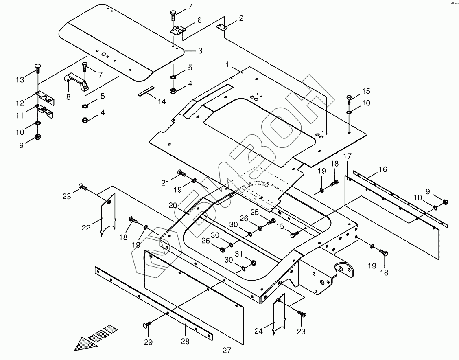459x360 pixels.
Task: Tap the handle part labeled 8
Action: [x=77, y=82]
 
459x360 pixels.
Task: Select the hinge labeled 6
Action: [x=178, y=31]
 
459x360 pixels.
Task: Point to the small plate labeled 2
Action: [x=222, y=27]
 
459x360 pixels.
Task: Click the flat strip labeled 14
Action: [x=146, y=91]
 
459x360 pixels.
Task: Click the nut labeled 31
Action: [x=253, y=263]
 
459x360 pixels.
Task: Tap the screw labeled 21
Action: [x=181, y=174]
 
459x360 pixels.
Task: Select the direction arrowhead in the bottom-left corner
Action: [x=85, y=344]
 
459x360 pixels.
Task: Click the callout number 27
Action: [x=227, y=350]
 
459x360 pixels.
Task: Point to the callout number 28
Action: [x=186, y=342]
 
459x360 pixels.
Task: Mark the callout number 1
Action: [x=227, y=65]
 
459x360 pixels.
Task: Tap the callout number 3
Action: [x=200, y=51]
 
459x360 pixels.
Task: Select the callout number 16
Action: [x=382, y=169]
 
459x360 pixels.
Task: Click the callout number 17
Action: [x=347, y=156]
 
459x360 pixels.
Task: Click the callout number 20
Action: [x=173, y=206]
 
